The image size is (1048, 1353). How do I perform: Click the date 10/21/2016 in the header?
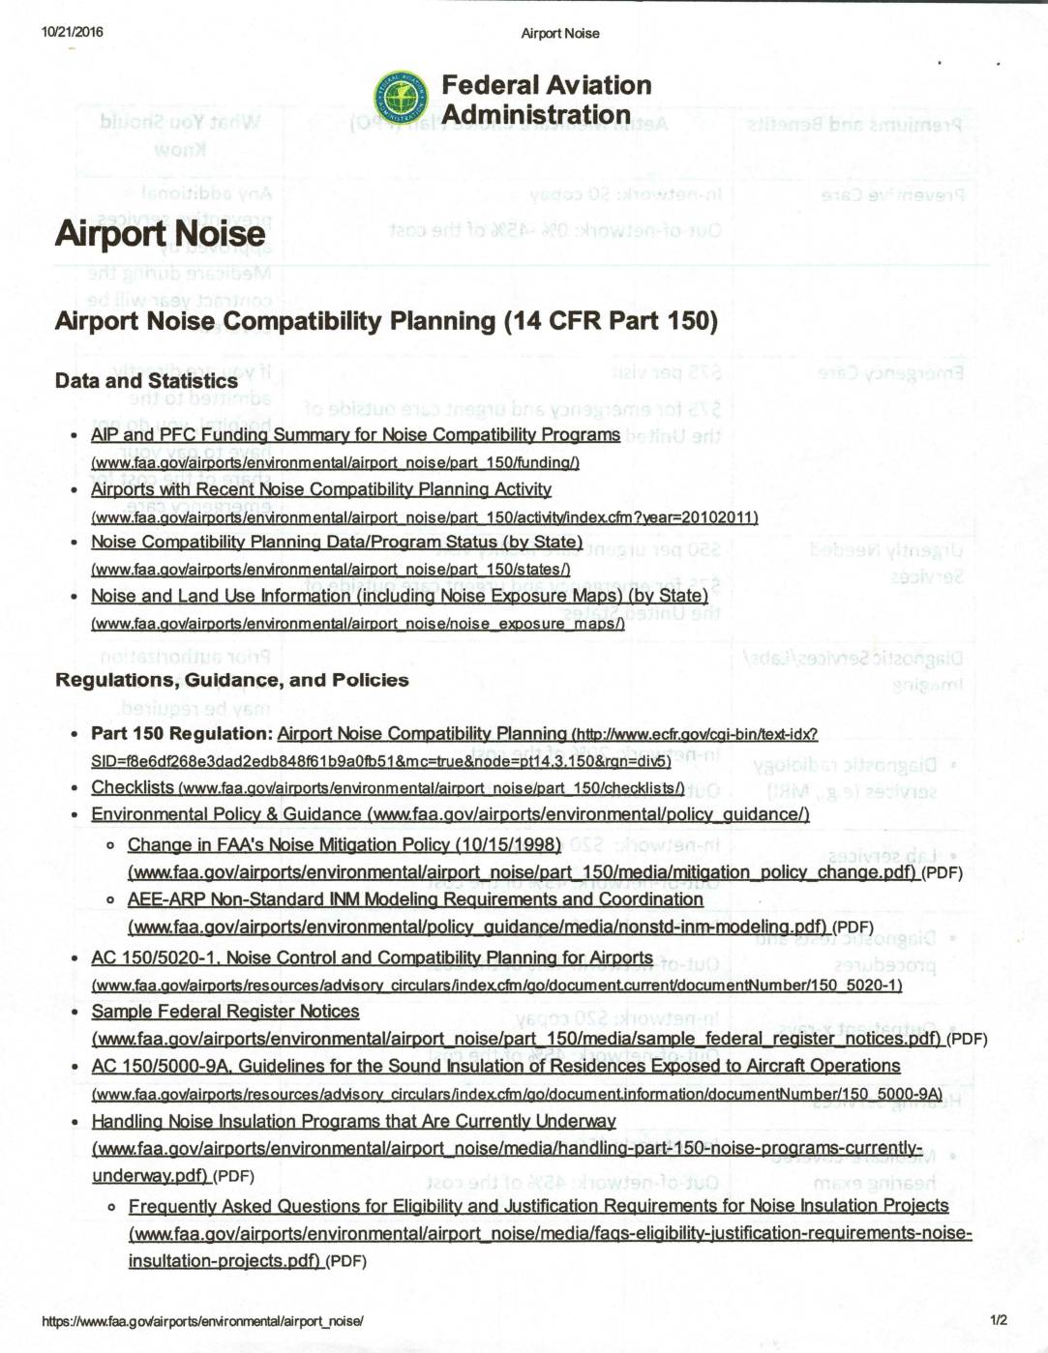[72, 32]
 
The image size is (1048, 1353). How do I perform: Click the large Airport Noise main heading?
[160, 234]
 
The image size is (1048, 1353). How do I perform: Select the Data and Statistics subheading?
[146, 381]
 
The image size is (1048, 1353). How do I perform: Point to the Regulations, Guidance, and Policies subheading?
[232, 680]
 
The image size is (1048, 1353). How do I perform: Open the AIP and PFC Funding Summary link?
[355, 435]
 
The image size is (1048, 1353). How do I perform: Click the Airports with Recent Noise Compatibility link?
[321, 489]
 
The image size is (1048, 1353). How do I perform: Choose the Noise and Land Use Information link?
[400, 596]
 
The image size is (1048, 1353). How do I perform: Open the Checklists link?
[133, 787]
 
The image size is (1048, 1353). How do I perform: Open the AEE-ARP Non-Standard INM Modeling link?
[415, 899]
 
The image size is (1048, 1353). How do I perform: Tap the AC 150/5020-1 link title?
[373, 957]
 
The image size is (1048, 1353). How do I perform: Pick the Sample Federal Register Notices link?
[225, 1012]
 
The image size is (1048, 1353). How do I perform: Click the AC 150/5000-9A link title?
[495, 1066]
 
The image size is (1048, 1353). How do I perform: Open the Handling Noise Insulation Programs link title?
[354, 1122]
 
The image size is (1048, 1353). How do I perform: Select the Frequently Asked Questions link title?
[538, 1206]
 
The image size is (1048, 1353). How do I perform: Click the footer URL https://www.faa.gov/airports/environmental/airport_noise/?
[203, 1320]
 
